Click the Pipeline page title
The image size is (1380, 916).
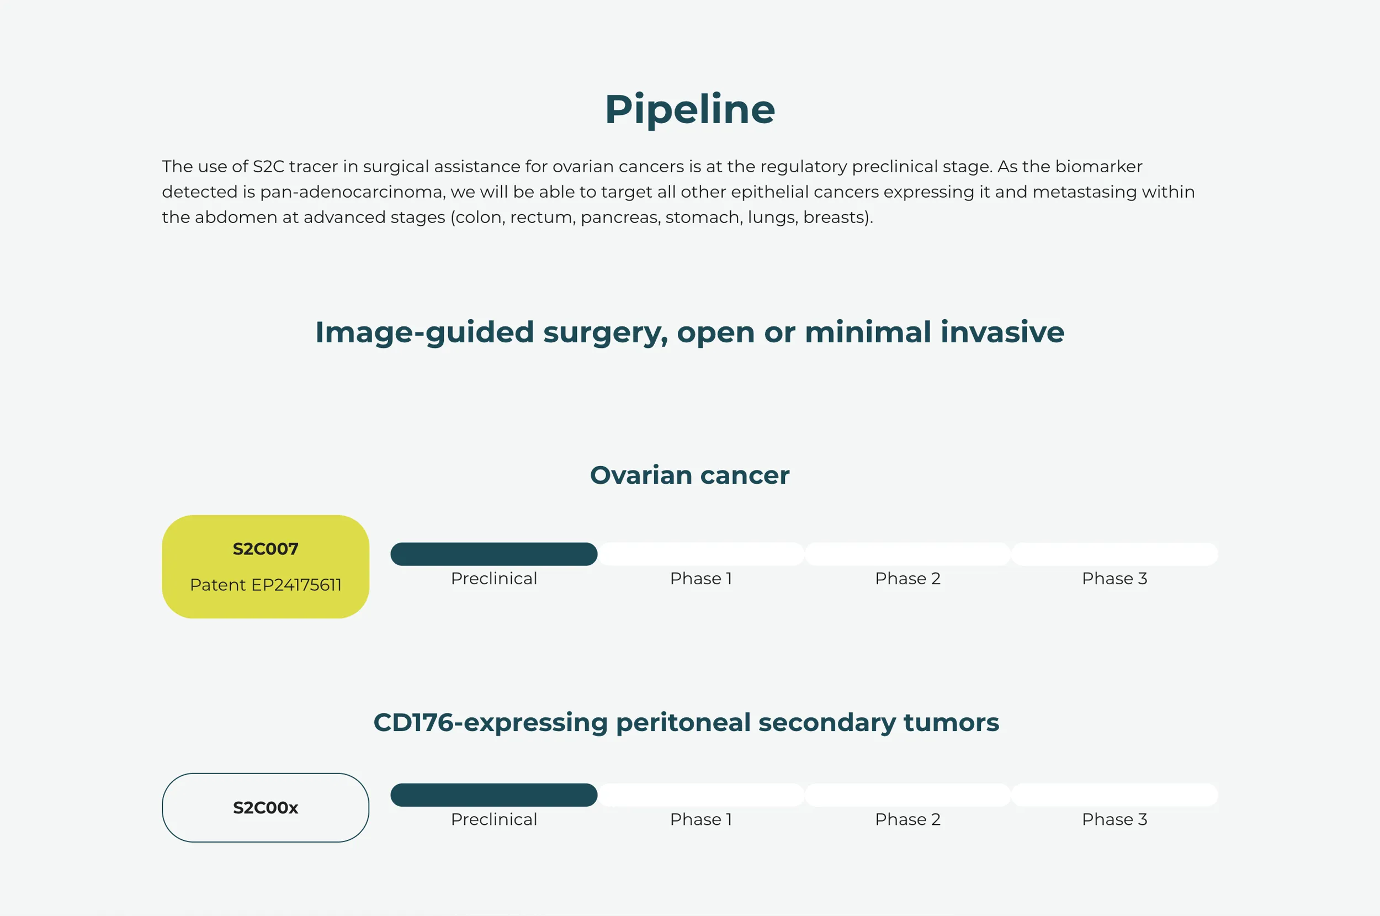[x=689, y=110]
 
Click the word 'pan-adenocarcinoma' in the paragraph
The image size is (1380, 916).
[x=352, y=192]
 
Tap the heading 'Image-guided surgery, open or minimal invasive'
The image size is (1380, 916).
[x=689, y=332]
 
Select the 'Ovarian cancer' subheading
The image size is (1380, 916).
[x=689, y=475]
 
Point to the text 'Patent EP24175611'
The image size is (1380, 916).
[x=266, y=584]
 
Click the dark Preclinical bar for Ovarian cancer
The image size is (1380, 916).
[x=494, y=554]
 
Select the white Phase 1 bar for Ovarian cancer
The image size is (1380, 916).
[x=701, y=554]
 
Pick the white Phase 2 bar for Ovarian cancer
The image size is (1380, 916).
[x=907, y=554]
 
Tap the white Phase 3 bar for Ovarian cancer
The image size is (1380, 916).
[x=1114, y=554]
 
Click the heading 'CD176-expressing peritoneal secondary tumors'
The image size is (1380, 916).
[x=686, y=723]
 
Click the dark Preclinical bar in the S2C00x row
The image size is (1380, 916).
[x=494, y=795]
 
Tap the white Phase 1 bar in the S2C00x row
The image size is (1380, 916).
[x=701, y=795]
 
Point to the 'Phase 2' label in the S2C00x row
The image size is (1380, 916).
[x=907, y=819]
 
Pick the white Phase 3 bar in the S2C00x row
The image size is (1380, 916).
[x=1114, y=795]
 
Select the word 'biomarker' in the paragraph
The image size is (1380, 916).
[x=1098, y=167]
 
